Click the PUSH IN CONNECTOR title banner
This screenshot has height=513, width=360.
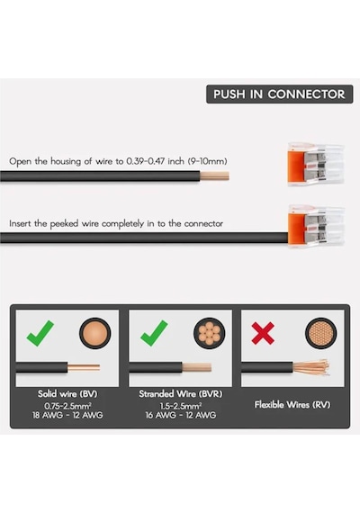tap(280, 94)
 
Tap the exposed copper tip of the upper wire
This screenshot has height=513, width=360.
tap(214, 176)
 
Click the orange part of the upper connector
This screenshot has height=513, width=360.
tap(295, 164)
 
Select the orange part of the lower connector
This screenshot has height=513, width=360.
tap(296, 227)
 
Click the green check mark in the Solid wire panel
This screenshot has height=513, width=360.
tap(40, 333)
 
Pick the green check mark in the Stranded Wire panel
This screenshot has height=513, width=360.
tap(154, 333)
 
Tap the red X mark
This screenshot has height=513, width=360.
tap(263, 333)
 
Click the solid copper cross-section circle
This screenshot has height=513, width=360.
tap(94, 333)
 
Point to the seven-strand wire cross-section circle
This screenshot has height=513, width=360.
tap(210, 333)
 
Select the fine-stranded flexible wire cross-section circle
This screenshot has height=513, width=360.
tap(321, 333)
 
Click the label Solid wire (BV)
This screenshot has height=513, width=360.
tap(67, 393)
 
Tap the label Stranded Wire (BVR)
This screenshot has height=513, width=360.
tap(181, 393)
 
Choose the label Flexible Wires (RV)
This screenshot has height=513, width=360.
tap(292, 405)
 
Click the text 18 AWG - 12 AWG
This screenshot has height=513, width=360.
tap(67, 415)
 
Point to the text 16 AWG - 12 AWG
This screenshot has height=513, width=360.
tap(181, 415)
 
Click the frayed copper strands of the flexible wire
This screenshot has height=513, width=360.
tap(311, 367)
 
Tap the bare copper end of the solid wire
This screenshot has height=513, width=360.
tap(84, 368)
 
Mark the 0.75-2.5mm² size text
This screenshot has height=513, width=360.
tap(67, 406)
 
